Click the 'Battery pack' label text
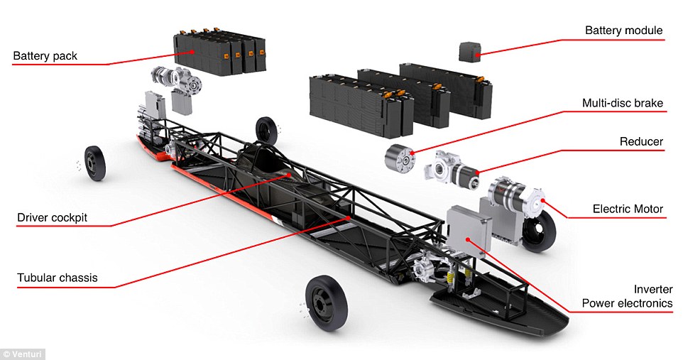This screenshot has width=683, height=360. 45,56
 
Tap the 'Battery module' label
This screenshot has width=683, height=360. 624,31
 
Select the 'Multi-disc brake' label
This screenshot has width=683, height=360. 623,103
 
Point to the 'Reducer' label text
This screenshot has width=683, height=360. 641,141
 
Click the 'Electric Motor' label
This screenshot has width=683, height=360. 628,209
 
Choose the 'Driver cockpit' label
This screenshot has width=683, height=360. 53,217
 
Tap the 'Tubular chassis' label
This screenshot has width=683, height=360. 58,278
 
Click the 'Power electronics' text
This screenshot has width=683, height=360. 627,303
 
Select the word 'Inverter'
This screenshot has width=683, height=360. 653,290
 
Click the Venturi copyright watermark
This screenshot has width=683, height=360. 22,354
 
